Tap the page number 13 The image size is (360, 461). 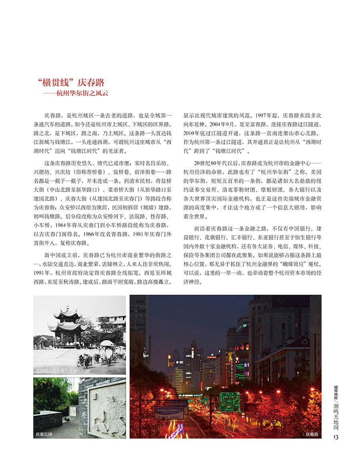[336, 437]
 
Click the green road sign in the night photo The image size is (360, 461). [229, 401]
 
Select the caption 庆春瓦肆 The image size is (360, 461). [44, 434]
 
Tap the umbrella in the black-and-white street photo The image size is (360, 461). [107, 343]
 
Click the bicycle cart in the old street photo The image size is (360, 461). [85, 359]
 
